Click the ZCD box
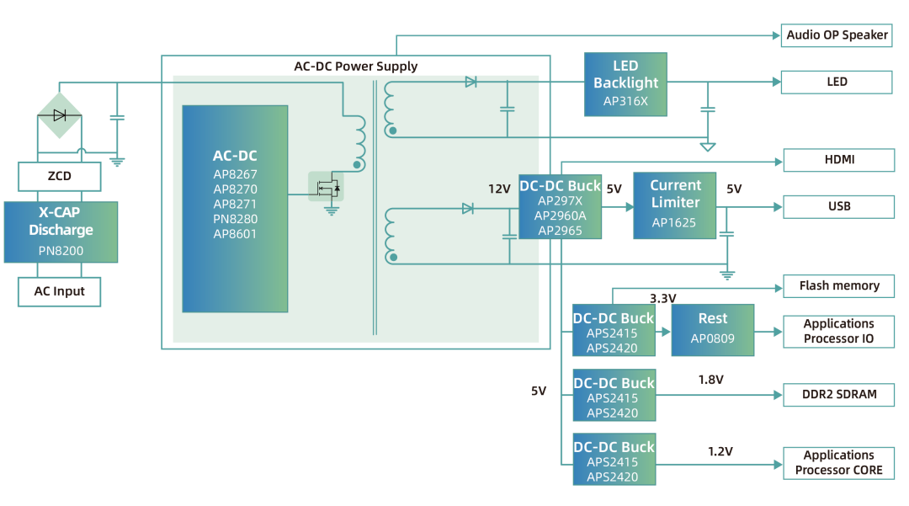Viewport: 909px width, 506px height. click(x=60, y=176)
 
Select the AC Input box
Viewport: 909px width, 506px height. click(x=60, y=291)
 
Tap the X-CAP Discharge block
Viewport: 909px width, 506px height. click(x=61, y=232)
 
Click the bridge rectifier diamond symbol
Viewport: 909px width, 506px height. click(x=59, y=115)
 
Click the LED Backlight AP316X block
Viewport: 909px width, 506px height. click(x=625, y=84)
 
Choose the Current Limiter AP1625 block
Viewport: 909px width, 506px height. click(x=674, y=205)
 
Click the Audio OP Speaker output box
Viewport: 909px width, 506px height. click(x=837, y=35)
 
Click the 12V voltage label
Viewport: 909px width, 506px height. click(x=499, y=189)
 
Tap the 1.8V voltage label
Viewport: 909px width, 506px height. click(x=710, y=380)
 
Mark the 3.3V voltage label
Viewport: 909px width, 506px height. click(x=665, y=298)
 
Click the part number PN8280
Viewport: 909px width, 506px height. click(x=235, y=219)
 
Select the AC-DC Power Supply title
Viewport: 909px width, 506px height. click(x=355, y=67)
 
